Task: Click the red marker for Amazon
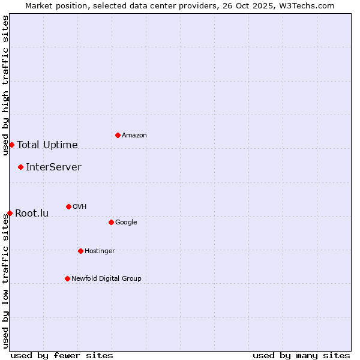(118, 135)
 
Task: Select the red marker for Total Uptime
(11, 145)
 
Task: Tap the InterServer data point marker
(20, 167)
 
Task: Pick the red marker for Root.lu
(10, 213)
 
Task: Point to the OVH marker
(68, 206)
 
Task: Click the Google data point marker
(111, 222)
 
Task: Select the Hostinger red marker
(80, 251)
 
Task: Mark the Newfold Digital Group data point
(67, 278)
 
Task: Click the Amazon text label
(134, 136)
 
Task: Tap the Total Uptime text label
(47, 145)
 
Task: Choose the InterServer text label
(53, 167)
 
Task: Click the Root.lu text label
(32, 214)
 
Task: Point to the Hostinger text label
(100, 251)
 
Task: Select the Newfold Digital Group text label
(106, 278)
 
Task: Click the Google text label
(126, 223)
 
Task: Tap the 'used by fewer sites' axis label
(62, 355)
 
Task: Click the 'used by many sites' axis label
(301, 355)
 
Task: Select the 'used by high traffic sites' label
(5, 85)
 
